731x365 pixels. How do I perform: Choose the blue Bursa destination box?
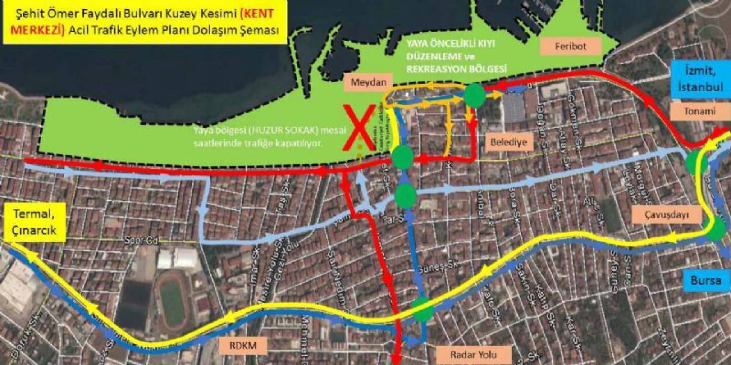click(706, 279)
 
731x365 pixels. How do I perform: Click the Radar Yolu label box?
click(474, 354)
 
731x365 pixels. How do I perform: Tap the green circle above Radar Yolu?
click(422, 310)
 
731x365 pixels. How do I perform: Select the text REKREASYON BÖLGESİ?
click(457, 67)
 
